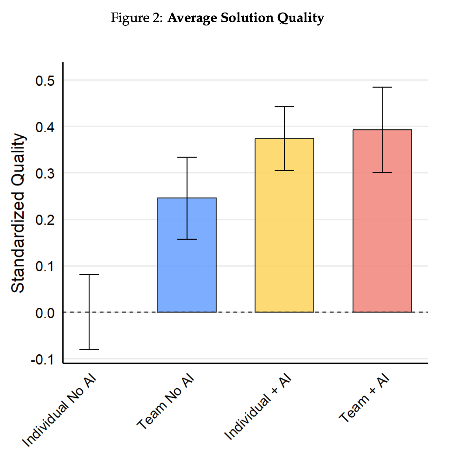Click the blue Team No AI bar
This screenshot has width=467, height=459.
[x=187, y=265]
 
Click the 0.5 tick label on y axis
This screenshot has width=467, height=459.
[x=45, y=81]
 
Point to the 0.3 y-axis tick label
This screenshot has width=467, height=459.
[x=45, y=173]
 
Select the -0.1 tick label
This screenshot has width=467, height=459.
[x=42, y=360]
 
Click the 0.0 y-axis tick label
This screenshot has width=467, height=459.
[x=45, y=313]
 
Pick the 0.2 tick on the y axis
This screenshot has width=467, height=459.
[x=45, y=220]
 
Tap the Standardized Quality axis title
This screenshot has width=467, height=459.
[x=18, y=213]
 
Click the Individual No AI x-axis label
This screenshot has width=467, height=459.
[x=59, y=412]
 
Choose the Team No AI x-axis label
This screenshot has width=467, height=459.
[x=165, y=402]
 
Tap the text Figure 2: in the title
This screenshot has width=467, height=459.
[x=136, y=17]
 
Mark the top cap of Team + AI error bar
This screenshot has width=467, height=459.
[x=382, y=87]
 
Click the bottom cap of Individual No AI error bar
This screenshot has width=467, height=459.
[x=89, y=349]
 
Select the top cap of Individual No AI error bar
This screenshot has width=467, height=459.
[x=89, y=274]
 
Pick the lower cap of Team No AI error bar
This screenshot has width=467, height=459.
[x=187, y=239]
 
